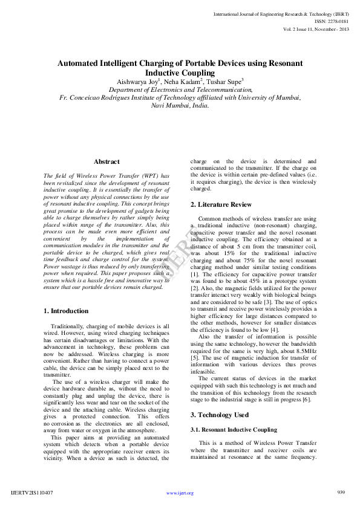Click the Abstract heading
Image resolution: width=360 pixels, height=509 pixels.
(106, 162)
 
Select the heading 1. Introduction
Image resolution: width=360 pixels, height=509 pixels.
(66, 311)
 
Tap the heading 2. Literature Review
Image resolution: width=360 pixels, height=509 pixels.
(221, 204)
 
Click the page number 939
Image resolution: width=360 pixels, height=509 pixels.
(341, 493)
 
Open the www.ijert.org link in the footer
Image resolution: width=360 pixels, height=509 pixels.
(180, 493)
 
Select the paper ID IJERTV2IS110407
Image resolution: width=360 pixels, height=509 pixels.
(32, 493)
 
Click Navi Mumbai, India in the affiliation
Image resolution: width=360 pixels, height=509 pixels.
(180, 105)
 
